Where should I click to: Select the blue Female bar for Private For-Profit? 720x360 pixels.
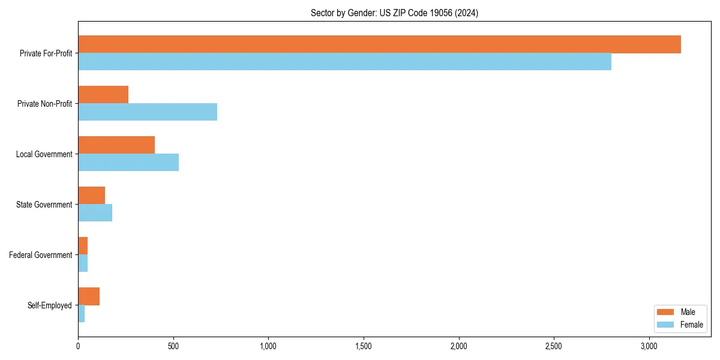point(344,62)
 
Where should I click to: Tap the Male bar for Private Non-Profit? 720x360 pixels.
point(103,95)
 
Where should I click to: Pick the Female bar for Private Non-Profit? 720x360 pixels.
point(148,112)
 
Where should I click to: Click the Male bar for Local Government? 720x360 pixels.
point(116,145)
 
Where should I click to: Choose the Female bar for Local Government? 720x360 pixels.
point(128,163)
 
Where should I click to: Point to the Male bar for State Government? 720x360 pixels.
point(91,196)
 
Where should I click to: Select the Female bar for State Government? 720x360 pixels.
point(95,213)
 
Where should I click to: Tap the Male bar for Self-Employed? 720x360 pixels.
point(89,296)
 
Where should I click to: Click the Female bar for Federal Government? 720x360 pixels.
point(83,263)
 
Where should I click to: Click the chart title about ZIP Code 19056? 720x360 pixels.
point(394,13)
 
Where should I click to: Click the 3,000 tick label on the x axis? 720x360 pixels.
point(649,346)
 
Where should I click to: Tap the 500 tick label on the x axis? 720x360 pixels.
point(173,346)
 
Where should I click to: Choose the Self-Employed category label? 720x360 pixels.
point(50,305)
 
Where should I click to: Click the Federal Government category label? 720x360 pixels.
point(41,255)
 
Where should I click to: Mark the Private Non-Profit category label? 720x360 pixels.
point(44,104)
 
